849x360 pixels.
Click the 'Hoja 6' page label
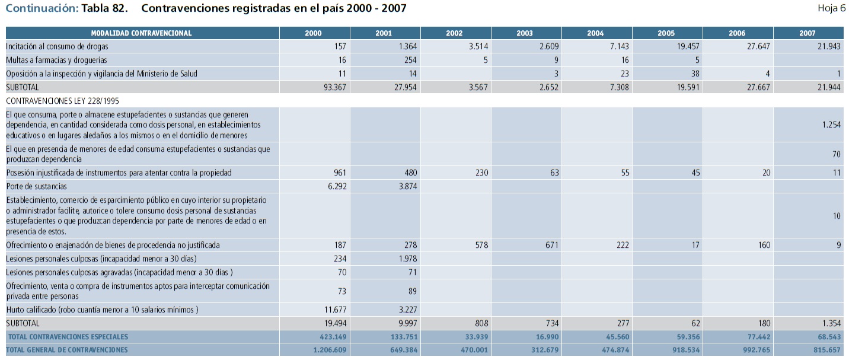pos(831,8)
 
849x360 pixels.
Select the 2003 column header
pos(525,33)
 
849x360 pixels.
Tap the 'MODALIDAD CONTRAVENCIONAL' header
pos(141,33)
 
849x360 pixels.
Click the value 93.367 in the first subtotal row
pos(334,87)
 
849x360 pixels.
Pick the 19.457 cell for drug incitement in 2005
pos(687,46)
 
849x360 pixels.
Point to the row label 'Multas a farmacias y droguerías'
pos(58,60)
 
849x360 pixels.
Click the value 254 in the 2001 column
pos(410,60)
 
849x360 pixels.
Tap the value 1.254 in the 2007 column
pos(831,125)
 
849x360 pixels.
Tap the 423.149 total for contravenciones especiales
pos(331,337)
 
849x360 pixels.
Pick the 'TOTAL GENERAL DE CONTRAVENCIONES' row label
pos(66,350)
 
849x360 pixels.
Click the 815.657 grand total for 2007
pos(826,350)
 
